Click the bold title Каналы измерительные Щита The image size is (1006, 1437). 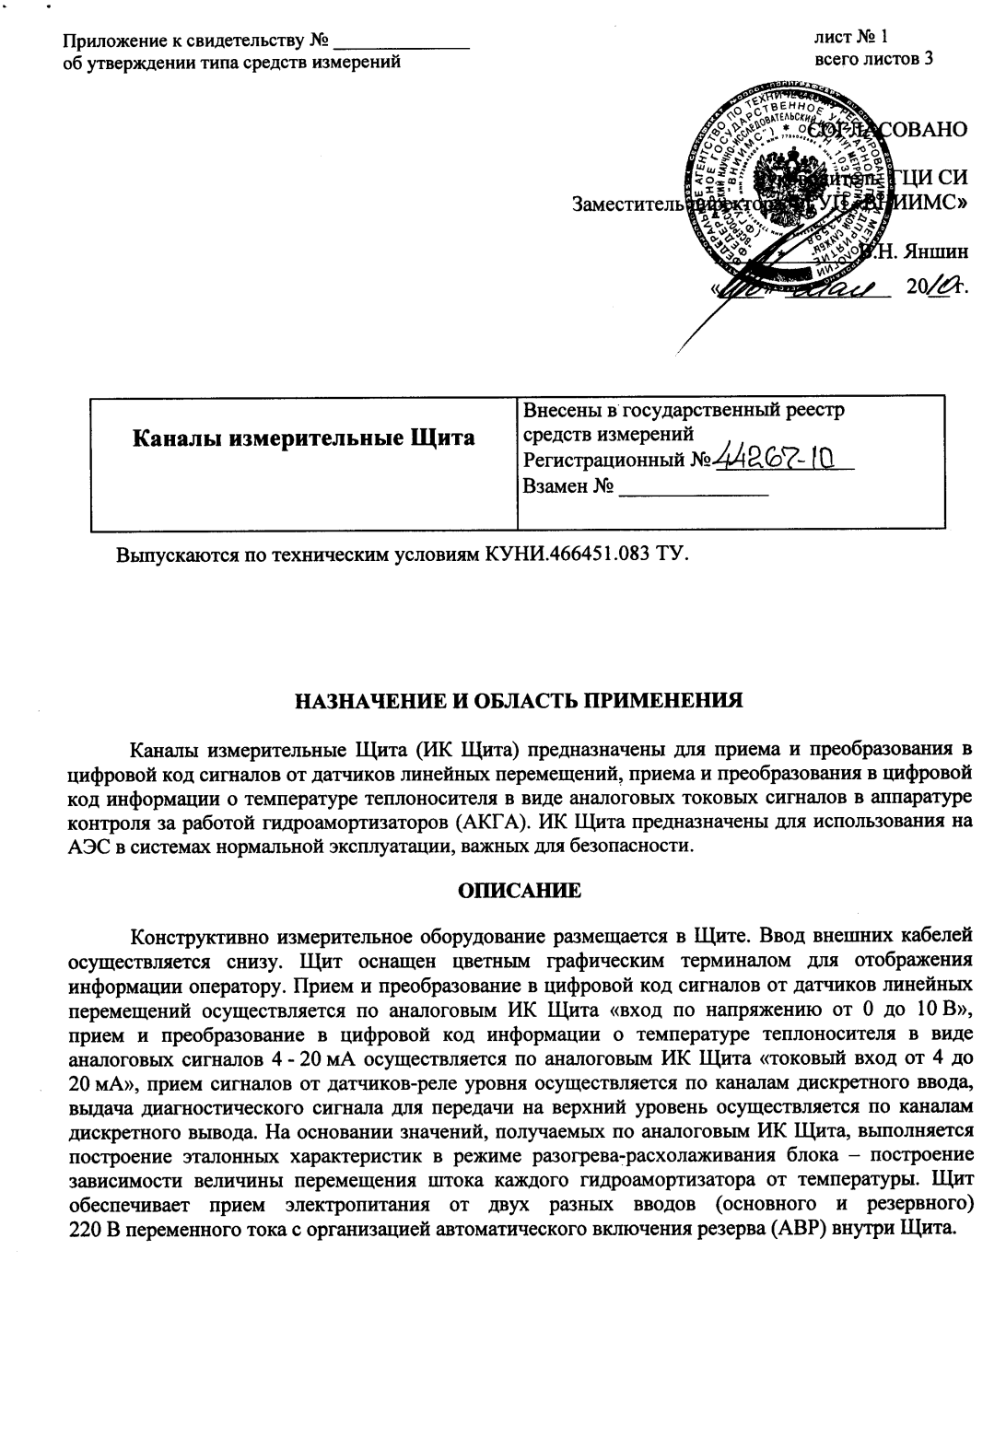coord(304,438)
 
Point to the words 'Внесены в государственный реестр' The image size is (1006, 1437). coord(683,410)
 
